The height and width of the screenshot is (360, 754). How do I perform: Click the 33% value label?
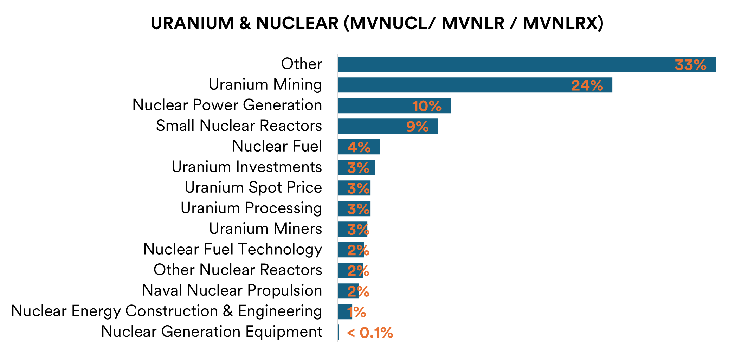[x=690, y=65]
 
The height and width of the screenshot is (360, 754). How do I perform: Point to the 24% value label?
[x=587, y=86]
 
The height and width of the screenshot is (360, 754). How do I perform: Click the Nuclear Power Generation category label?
[x=227, y=105]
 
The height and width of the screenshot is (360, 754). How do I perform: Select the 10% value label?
[x=427, y=106]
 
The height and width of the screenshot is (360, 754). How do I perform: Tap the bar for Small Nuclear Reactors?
[x=373, y=126]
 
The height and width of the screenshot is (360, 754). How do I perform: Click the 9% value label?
[x=417, y=127]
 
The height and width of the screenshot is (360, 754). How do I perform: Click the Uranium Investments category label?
[x=247, y=167]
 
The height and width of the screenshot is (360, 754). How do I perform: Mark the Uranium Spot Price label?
[x=253, y=187]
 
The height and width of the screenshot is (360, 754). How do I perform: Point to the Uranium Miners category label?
[x=265, y=229]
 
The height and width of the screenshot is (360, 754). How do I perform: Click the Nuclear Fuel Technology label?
[x=233, y=249]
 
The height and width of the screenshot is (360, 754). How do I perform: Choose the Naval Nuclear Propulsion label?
[x=232, y=290]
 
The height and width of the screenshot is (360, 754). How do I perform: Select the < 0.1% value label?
[x=370, y=333]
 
